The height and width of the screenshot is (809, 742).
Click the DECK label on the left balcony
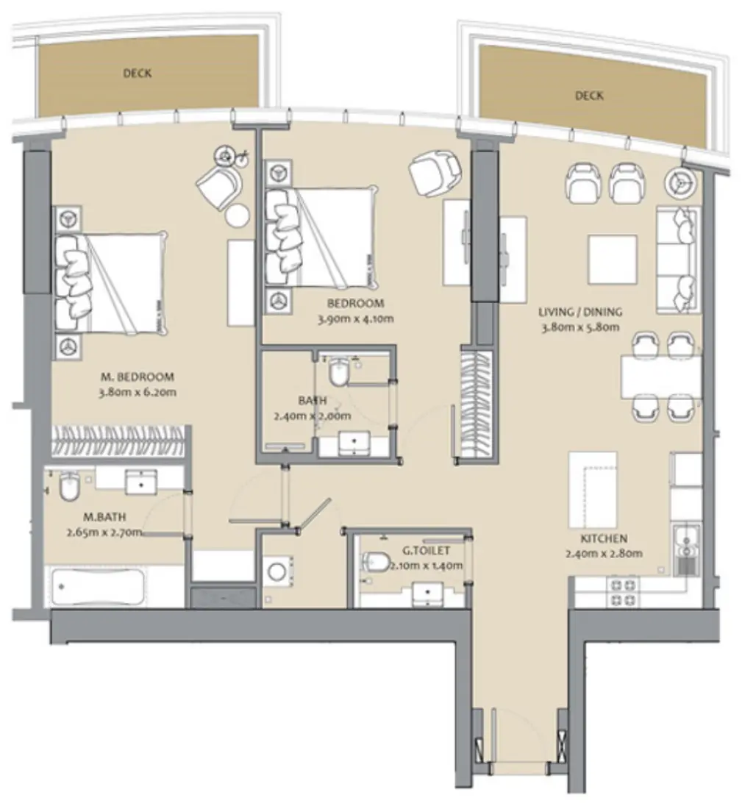(138, 73)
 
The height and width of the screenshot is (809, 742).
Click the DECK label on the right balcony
(588, 96)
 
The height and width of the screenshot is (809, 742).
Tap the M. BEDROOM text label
(137, 377)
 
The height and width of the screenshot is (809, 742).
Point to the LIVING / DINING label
(581, 311)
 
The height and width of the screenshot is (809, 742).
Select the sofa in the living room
(677, 260)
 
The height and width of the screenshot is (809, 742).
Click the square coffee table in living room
(612, 259)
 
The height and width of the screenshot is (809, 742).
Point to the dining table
(660, 377)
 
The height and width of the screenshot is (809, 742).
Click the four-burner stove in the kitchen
(622, 592)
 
